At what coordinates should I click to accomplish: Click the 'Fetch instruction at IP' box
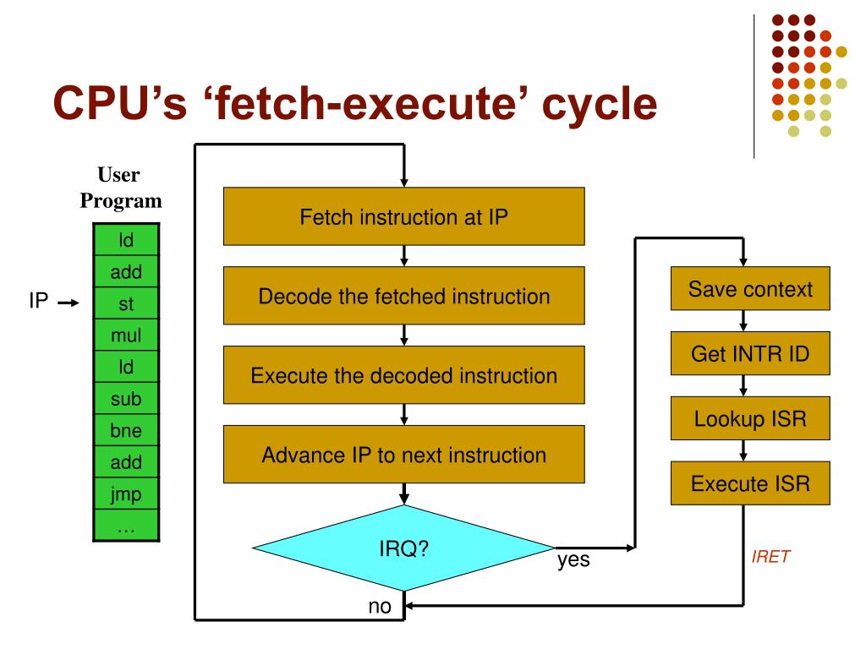[x=403, y=216]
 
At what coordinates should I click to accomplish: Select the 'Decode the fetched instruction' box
[x=403, y=297]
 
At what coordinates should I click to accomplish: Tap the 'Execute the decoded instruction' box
[x=403, y=375]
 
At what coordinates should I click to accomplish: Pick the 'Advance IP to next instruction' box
[x=403, y=455]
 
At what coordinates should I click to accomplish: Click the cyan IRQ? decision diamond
[x=403, y=548]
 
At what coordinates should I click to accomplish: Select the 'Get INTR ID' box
[x=750, y=354]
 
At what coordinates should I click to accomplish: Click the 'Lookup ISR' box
[x=750, y=419]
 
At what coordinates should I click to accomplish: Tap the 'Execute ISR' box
[x=750, y=484]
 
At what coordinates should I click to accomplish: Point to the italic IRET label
[x=771, y=557]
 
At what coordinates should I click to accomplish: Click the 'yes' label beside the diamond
[x=573, y=559]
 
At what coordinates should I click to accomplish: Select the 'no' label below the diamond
[x=380, y=607]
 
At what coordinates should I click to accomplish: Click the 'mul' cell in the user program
[x=126, y=335]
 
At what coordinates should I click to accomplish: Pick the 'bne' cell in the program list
[x=126, y=430]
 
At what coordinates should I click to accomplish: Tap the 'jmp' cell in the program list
[x=126, y=494]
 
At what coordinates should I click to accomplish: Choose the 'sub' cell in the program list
[x=126, y=399]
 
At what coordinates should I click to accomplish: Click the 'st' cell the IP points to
[x=126, y=303]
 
